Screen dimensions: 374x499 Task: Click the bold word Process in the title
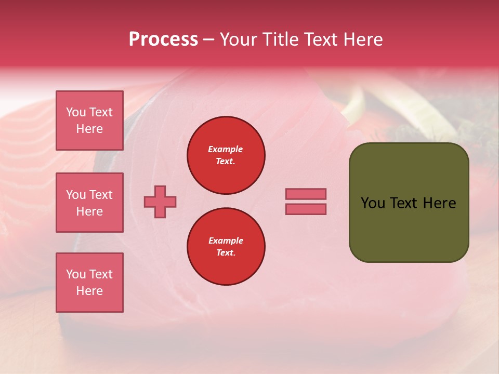tap(163, 39)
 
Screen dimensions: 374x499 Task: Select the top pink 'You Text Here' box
tap(89, 121)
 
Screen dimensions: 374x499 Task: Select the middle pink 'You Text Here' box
tap(89, 203)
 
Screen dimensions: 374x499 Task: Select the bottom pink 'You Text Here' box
tap(89, 283)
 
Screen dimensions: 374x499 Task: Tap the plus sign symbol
tap(160, 202)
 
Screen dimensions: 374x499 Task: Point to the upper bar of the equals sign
tap(306, 194)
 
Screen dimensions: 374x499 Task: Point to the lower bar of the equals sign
tap(306, 209)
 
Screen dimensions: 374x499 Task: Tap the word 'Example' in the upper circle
tap(226, 149)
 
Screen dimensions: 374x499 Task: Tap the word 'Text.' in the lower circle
tap(226, 253)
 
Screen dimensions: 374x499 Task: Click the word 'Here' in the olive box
tap(439, 203)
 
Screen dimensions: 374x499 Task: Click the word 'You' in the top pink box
tap(76, 112)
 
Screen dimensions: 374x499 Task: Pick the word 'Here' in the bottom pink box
tap(89, 291)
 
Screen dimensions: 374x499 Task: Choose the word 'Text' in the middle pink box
tap(101, 195)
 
